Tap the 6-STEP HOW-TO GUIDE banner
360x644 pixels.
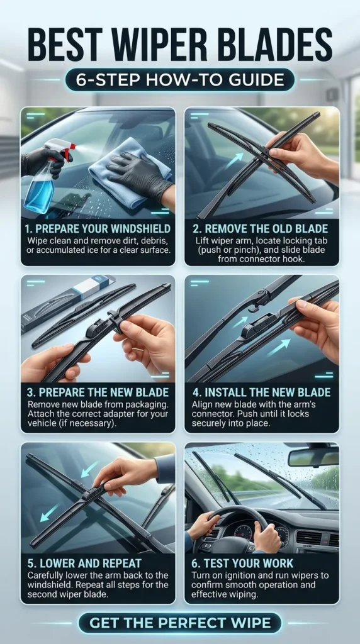click(179, 80)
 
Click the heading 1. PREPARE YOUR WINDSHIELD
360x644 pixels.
click(97, 228)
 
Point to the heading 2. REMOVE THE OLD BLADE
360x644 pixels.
click(261, 228)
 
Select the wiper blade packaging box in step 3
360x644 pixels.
click(63, 302)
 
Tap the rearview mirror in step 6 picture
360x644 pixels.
click(313, 457)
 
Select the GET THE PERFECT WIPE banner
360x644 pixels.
click(179, 623)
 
